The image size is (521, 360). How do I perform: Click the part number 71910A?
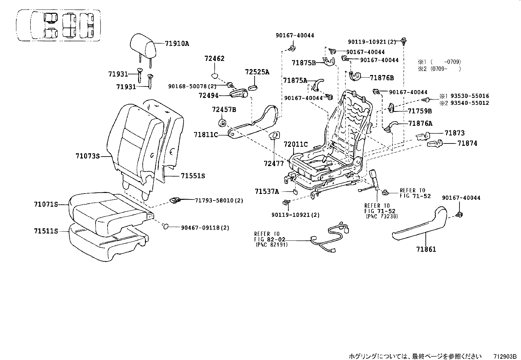click(x=177, y=44)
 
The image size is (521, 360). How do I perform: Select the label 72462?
click(x=214, y=59)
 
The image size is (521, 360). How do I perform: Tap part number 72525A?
click(x=257, y=72)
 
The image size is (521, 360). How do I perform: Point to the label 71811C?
click(x=206, y=135)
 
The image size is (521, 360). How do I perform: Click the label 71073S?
click(x=87, y=156)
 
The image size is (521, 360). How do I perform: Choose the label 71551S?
click(x=193, y=176)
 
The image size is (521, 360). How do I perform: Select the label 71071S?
click(x=46, y=204)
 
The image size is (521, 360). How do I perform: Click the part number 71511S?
click(x=46, y=231)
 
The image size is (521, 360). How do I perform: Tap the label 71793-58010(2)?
click(x=219, y=200)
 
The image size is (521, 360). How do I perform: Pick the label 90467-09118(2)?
click(x=205, y=228)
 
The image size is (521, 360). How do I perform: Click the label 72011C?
click(x=296, y=144)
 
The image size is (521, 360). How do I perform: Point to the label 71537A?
click(x=267, y=191)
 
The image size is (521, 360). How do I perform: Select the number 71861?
click(x=426, y=250)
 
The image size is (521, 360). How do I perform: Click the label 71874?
click(x=467, y=143)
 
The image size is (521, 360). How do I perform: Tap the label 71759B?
click(x=420, y=111)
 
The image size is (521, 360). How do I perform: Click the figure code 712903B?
click(x=505, y=356)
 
